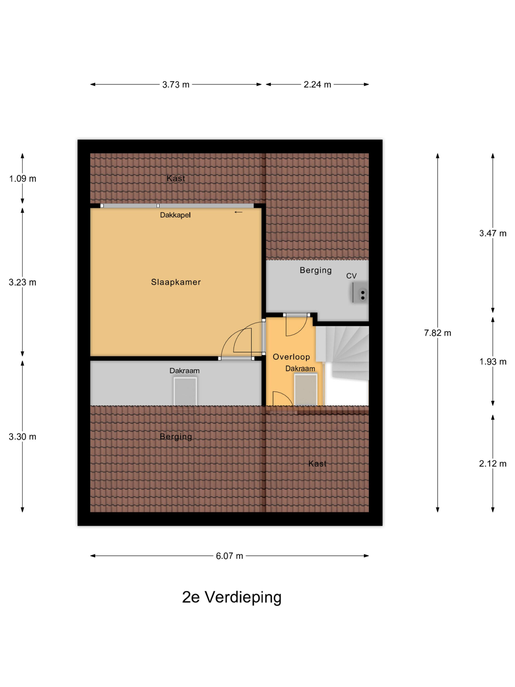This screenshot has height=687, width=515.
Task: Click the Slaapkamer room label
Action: click(176, 282)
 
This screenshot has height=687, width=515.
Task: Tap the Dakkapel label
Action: click(175, 215)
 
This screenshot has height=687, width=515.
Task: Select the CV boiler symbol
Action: click(360, 292)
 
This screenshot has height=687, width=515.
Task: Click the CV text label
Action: click(351, 276)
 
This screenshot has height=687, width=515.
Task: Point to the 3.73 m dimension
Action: click(176, 85)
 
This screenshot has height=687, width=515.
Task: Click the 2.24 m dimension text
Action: click(317, 85)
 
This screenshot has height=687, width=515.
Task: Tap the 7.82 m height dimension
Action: click(437, 333)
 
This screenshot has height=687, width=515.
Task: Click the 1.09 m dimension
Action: click(22, 178)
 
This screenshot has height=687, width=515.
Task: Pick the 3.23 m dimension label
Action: click(22, 282)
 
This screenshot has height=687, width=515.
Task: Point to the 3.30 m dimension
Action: click(22, 437)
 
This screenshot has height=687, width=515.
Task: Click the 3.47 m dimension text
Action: click(493, 233)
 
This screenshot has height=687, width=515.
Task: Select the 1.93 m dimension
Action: click(493, 361)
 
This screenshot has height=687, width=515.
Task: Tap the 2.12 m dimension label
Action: click(493, 464)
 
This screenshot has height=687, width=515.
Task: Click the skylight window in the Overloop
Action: click(306, 390)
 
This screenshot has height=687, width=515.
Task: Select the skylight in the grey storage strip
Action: click(185, 392)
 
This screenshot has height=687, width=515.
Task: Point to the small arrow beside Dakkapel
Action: click(238, 212)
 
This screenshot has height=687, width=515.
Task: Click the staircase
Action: click(345, 353)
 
